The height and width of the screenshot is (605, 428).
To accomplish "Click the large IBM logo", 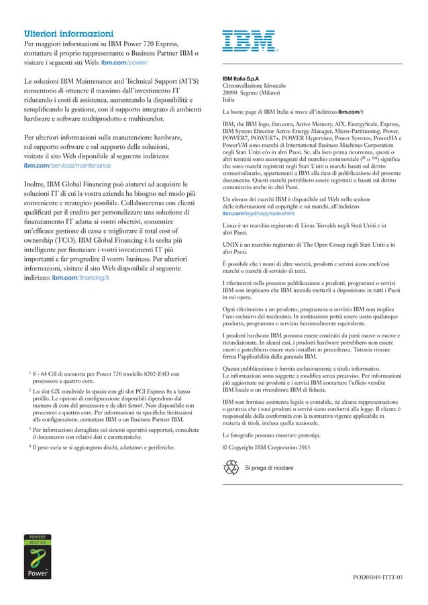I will pos(249,40).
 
